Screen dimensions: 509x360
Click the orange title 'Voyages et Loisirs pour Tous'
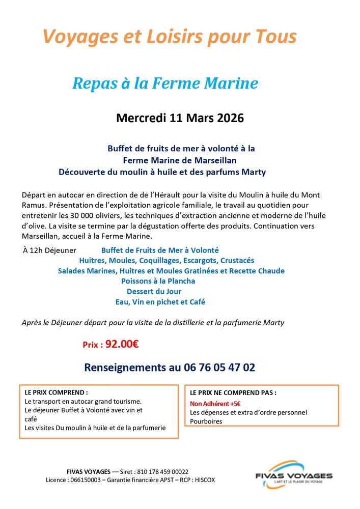[170, 37]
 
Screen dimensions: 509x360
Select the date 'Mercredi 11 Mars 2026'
[180, 119]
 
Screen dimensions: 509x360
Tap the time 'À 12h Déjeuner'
[49, 250]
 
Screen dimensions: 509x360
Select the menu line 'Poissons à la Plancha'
[158, 281]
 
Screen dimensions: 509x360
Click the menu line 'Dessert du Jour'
[154, 292]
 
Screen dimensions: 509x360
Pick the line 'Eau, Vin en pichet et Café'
[160, 302]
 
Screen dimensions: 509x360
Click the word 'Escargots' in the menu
[190, 261]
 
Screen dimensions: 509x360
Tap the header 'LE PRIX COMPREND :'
[56, 393]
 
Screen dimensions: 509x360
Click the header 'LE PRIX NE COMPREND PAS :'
[233, 393]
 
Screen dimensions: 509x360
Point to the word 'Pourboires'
[206, 421]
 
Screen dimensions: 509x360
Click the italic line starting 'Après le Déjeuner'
[153, 323]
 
